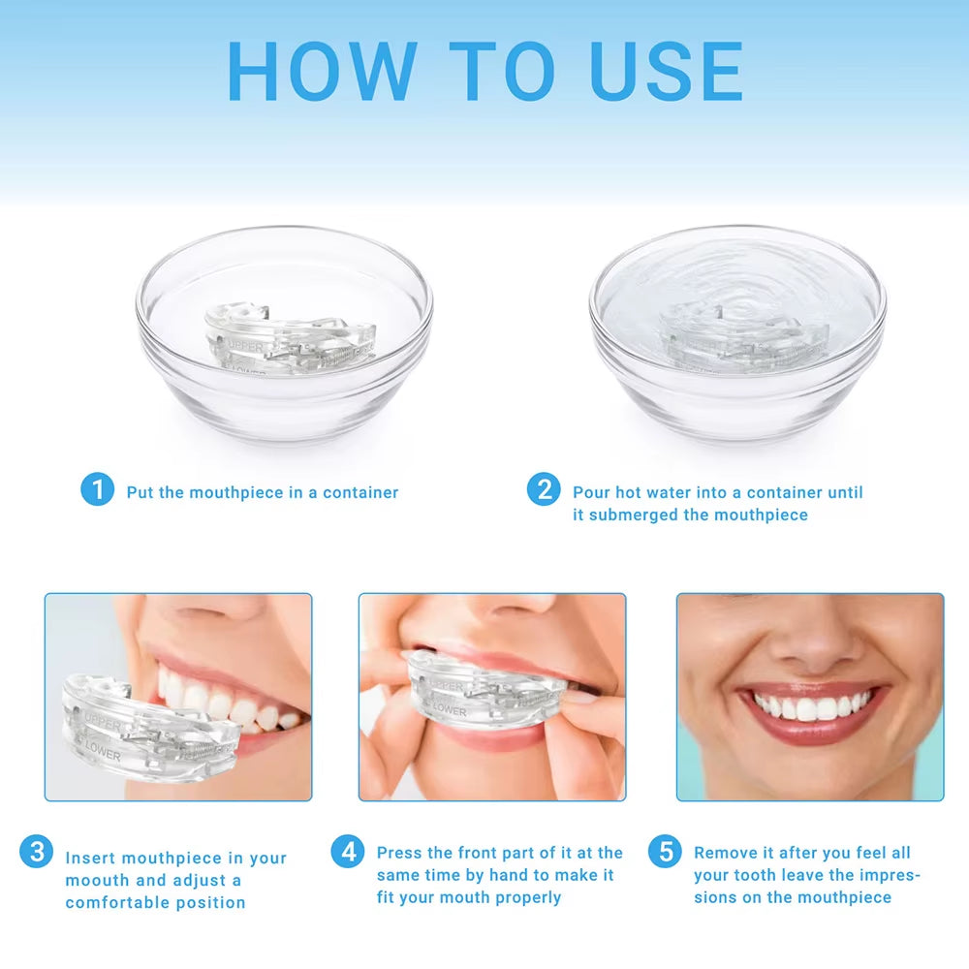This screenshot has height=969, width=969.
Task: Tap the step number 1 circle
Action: tap(97, 489)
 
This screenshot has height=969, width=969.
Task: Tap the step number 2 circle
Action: tap(544, 489)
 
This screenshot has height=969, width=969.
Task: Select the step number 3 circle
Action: tap(37, 853)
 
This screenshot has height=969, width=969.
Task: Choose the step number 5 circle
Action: tap(665, 852)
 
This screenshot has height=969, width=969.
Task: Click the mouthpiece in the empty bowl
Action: tap(289, 339)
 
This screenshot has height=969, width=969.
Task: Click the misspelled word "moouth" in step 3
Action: tap(96, 880)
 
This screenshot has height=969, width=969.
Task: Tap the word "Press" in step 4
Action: tap(400, 853)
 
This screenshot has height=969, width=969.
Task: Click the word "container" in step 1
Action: tap(360, 492)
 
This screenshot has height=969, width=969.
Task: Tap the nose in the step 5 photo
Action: tap(810, 644)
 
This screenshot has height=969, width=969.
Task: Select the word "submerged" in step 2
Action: tap(634, 515)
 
